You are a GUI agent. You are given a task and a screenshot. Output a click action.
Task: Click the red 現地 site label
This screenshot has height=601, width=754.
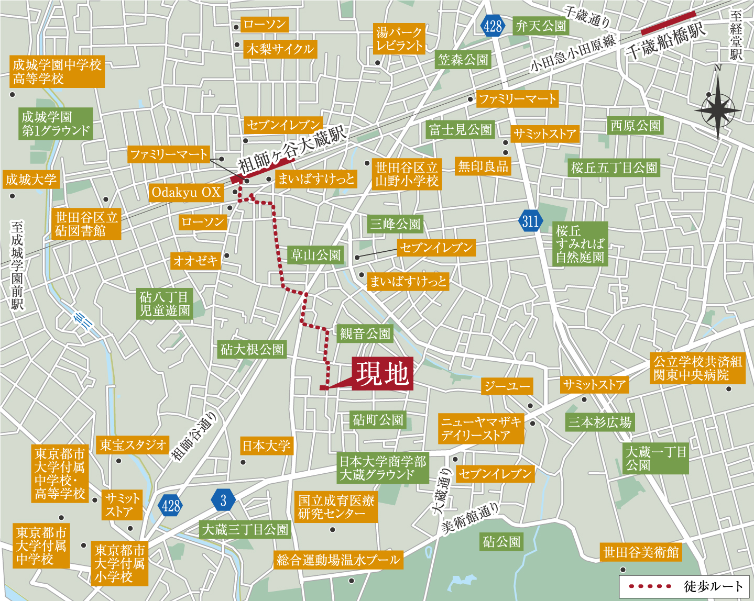point(383,374)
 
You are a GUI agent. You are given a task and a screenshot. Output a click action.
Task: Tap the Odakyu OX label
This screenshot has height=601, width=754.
point(186,193)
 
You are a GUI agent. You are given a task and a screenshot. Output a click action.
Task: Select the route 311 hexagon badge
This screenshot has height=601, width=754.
point(530,221)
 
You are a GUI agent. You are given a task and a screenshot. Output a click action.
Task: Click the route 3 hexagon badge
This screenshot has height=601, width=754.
point(223,500)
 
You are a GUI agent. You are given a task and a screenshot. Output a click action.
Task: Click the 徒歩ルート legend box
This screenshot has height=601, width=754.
point(686,586)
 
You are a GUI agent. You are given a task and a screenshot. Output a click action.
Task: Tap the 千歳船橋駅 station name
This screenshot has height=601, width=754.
point(665,42)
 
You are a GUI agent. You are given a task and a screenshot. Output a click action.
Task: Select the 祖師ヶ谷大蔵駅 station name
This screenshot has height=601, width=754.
point(292,149)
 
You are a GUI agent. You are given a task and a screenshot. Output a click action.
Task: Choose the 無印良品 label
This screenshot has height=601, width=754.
point(483,167)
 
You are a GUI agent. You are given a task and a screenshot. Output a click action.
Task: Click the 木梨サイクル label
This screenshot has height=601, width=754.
point(280,50)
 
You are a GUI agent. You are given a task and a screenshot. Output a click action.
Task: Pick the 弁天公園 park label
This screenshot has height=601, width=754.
point(541,26)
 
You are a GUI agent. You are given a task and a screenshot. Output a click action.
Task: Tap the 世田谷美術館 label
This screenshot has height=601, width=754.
point(641,552)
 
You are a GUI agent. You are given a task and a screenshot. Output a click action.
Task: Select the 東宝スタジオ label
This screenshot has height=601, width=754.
point(133,446)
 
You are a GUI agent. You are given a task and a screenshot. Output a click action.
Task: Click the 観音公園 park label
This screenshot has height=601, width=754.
point(365,333)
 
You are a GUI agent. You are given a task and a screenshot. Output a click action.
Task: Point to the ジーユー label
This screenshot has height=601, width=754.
point(507,386)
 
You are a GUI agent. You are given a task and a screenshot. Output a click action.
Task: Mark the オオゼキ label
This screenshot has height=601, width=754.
point(196,260)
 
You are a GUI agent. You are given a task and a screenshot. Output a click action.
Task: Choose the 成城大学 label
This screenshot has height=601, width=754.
point(31,180)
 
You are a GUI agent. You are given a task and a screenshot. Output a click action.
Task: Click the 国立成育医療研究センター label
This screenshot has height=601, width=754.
point(336,507)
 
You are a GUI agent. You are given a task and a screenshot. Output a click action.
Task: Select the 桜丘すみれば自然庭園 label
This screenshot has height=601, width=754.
point(580,244)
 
